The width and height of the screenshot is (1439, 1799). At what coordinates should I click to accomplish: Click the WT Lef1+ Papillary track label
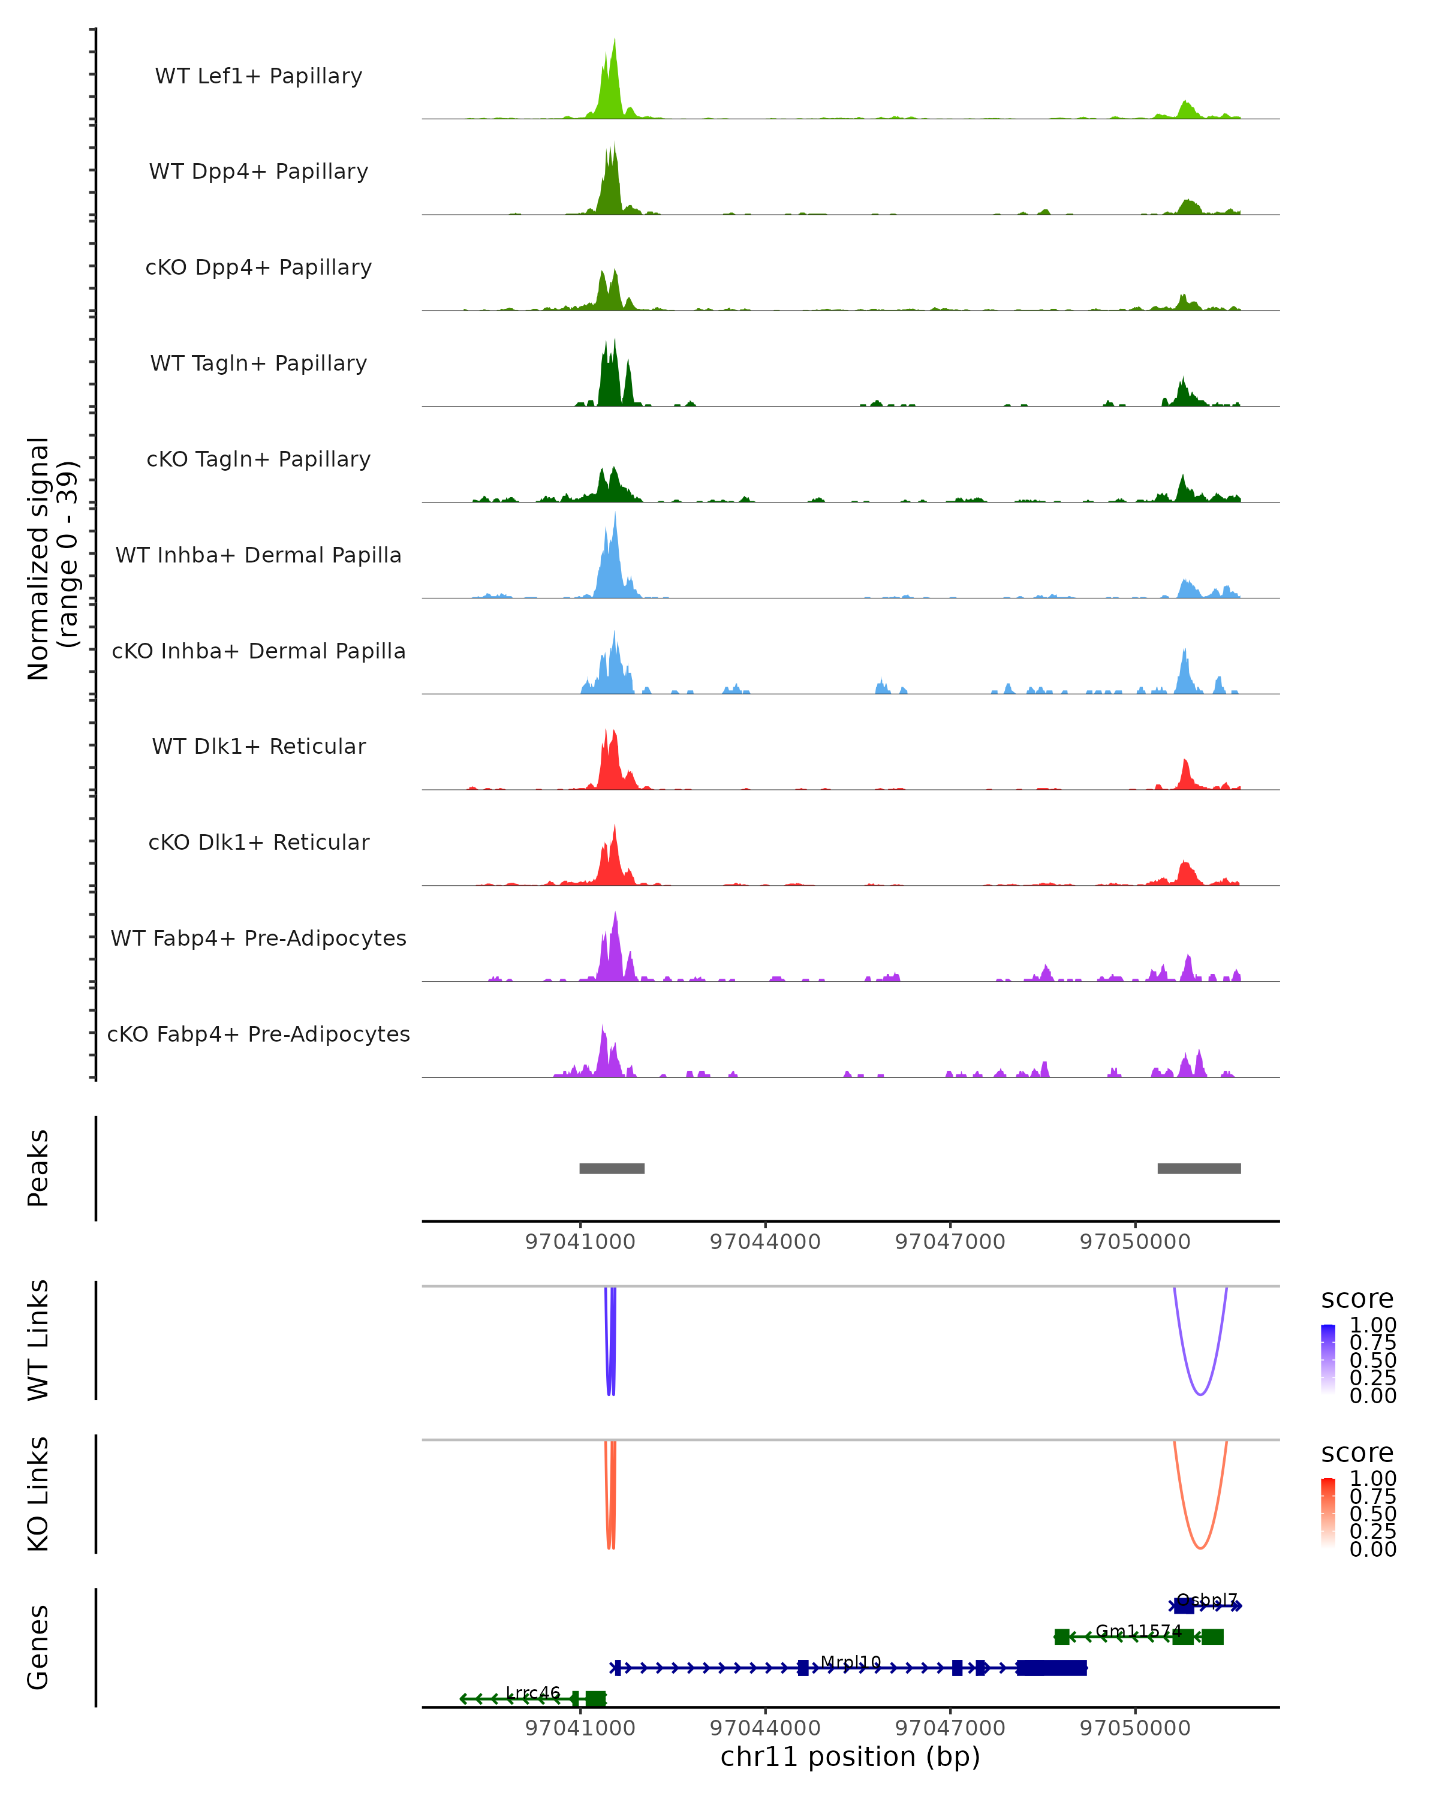coord(258,76)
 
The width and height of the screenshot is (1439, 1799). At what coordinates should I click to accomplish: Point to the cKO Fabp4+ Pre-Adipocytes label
coord(258,1034)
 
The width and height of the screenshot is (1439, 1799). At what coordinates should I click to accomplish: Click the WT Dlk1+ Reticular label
coord(258,746)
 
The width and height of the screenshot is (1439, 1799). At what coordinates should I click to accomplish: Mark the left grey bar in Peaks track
coord(612,1168)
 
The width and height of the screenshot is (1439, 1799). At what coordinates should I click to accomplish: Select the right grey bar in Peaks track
coord(1199,1168)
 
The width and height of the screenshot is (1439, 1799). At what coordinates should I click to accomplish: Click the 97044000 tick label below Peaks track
coord(765,1242)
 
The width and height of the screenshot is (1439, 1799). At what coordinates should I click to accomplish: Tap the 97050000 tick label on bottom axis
coord(1134,1728)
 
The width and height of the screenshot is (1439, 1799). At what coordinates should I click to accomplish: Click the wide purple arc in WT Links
coord(1200,1394)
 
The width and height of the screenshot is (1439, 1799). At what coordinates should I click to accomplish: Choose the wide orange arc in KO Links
coord(1200,1548)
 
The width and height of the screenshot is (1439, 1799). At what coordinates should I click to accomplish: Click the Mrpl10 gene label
coord(850,1662)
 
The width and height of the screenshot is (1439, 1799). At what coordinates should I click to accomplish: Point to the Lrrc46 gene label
coord(533,1693)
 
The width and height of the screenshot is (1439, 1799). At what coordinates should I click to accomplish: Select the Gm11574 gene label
coord(1138,1631)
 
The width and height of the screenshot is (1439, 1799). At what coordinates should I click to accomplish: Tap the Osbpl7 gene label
coord(1207,1601)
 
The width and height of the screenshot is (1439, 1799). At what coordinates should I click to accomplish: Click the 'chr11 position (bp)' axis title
coord(850,1756)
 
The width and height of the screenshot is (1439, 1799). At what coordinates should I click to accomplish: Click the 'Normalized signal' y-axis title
coord(38,558)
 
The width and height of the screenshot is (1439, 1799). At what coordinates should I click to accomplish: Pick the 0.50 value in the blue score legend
coord(1372,1359)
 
